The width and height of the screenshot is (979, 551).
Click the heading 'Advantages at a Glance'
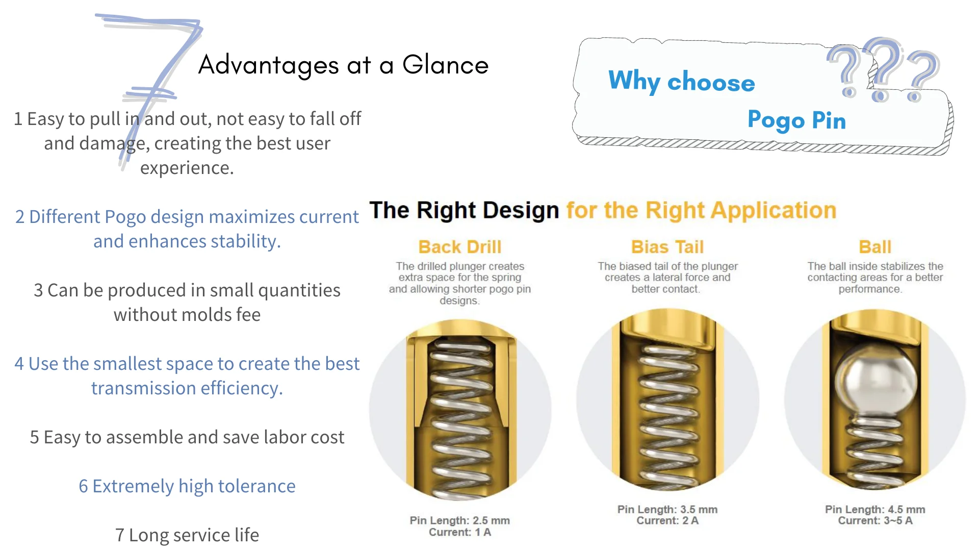pos(343,65)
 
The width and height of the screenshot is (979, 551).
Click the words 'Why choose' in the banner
pos(682,82)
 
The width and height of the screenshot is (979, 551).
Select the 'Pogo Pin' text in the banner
pos(796,120)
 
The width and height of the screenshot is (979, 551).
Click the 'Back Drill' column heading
pos(460,247)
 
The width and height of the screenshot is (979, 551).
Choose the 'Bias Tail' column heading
pos(667,247)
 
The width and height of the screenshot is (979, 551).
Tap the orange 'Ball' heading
pos(875,247)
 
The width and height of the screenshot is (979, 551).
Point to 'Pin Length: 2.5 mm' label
pos(459,520)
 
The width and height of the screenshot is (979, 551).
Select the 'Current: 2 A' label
pos(667,520)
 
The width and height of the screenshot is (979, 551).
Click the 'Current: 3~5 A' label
pos(875,520)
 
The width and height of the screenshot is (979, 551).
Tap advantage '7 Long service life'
pos(187,535)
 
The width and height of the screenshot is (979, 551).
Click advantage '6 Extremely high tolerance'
pos(187,486)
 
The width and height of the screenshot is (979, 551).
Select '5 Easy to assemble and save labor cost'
pos(187,437)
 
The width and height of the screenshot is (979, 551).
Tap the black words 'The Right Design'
pos(464,210)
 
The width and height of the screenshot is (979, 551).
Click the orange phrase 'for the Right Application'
pos(701,211)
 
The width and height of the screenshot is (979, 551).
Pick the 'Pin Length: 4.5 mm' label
pos(875,509)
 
